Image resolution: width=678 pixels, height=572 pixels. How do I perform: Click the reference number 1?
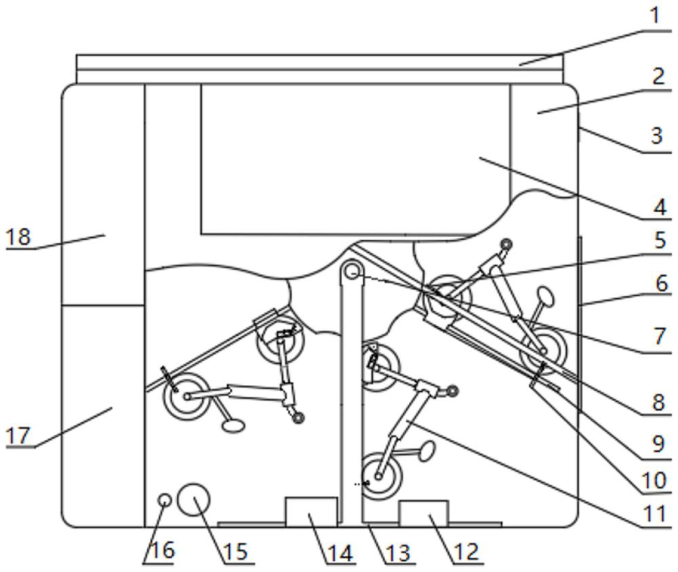tap(654, 16)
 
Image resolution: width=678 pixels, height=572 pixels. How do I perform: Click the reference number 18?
tap(18, 237)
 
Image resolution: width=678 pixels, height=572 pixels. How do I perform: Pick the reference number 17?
tap(18, 435)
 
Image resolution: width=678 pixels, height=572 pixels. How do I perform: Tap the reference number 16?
tap(161, 550)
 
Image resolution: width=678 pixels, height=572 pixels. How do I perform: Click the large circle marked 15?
tap(193, 500)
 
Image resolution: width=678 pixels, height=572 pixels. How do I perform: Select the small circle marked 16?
tap(164, 500)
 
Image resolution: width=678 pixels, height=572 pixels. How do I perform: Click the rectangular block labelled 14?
tap(311, 511)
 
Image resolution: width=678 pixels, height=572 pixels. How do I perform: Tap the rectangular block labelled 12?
tap(423, 513)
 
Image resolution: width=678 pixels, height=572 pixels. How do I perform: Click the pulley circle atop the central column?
tap(351, 272)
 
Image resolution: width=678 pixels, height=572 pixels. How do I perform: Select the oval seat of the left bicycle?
tap(233, 426)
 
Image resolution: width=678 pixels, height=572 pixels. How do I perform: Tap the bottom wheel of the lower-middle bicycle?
tap(380, 476)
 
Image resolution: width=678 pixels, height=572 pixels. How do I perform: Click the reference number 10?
tap(654, 481)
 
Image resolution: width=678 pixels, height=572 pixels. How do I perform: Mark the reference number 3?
tap(656, 135)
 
